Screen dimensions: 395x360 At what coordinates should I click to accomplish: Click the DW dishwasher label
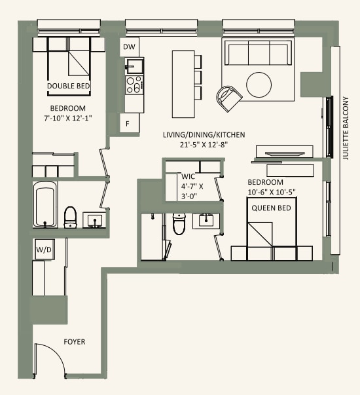pyautogui.click(x=129, y=47)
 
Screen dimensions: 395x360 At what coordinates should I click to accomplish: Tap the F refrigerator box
pyautogui.click(x=129, y=122)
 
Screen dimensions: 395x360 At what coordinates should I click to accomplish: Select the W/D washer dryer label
pyautogui.click(x=44, y=250)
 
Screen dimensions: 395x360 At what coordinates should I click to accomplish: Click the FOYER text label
pyautogui.click(x=74, y=342)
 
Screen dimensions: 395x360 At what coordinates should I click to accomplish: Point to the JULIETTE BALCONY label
pyautogui.click(x=347, y=129)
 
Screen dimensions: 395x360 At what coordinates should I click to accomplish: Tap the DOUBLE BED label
pyautogui.click(x=68, y=86)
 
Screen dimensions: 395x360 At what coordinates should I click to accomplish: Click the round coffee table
pyautogui.click(x=259, y=84)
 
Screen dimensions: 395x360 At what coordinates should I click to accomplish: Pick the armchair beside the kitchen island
pyautogui.click(x=228, y=98)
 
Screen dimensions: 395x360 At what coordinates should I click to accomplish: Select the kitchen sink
pyautogui.click(x=135, y=66)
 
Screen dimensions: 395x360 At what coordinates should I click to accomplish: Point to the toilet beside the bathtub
pyautogui.click(x=71, y=217)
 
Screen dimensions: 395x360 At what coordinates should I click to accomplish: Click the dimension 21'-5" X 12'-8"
pyautogui.click(x=204, y=145)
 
